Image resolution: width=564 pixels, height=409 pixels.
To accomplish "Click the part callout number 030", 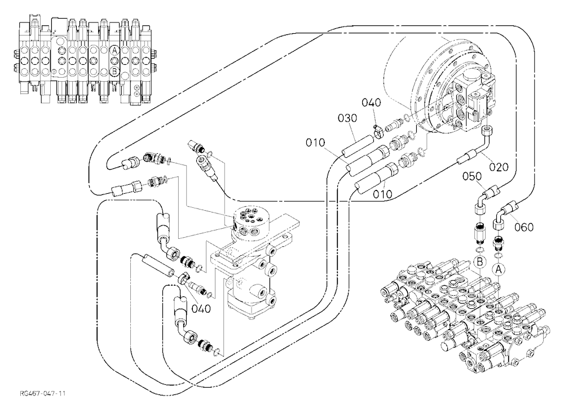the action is click(348, 118).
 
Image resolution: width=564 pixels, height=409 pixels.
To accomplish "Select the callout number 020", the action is click(499, 167).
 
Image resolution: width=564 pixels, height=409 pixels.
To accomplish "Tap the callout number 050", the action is click(472, 176).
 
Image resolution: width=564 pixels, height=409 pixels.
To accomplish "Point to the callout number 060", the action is click(523, 227).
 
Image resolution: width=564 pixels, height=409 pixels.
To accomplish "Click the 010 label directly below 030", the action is click(315, 143).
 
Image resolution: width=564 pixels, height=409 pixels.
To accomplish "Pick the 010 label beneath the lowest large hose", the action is click(382, 194).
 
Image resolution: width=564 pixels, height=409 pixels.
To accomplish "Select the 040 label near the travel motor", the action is click(371, 103).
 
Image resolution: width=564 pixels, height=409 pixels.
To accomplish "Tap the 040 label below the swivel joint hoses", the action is click(201, 308).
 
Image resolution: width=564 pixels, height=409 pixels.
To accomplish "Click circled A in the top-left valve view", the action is click(114, 51).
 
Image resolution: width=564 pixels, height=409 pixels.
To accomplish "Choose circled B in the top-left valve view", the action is click(114, 72).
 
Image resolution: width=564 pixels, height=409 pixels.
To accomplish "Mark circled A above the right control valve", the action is click(499, 269).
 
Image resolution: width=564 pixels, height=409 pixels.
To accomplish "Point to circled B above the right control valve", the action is click(479, 263).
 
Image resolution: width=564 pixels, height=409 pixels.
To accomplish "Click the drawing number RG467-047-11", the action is click(43, 393).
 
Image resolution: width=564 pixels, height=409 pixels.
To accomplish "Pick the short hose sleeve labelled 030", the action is click(356, 145).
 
